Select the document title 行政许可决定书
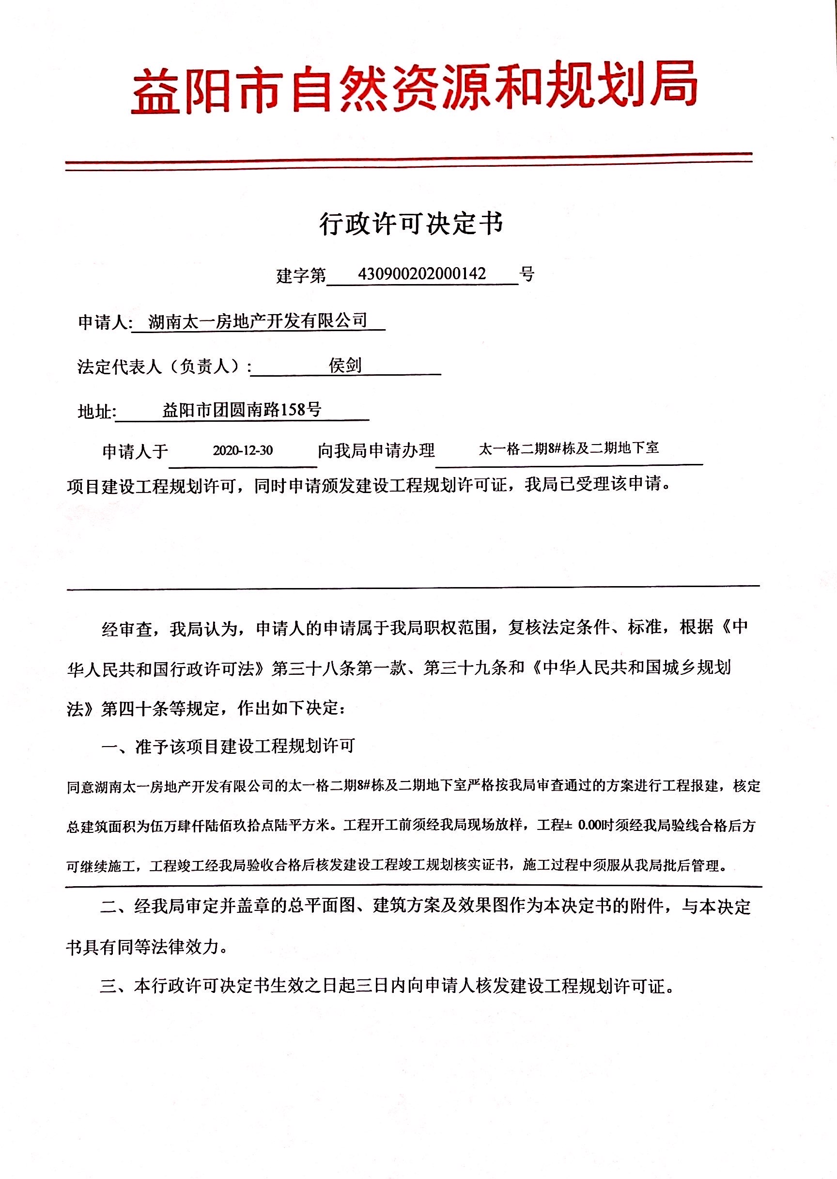pyautogui.click(x=411, y=224)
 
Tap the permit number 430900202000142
pyautogui.click(x=421, y=273)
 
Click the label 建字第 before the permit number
pyautogui.click(x=301, y=275)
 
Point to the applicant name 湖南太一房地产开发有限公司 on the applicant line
pyautogui.click(x=258, y=321)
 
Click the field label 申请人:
pyautogui.click(x=105, y=323)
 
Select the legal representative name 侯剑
pyautogui.click(x=345, y=366)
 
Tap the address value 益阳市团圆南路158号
pyautogui.click(x=242, y=410)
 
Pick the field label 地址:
pyautogui.click(x=96, y=412)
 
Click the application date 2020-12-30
pyautogui.click(x=243, y=450)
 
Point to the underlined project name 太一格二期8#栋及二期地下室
pyautogui.click(x=569, y=448)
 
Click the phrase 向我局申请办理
pyautogui.click(x=376, y=450)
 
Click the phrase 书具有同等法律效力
pyautogui.click(x=146, y=947)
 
